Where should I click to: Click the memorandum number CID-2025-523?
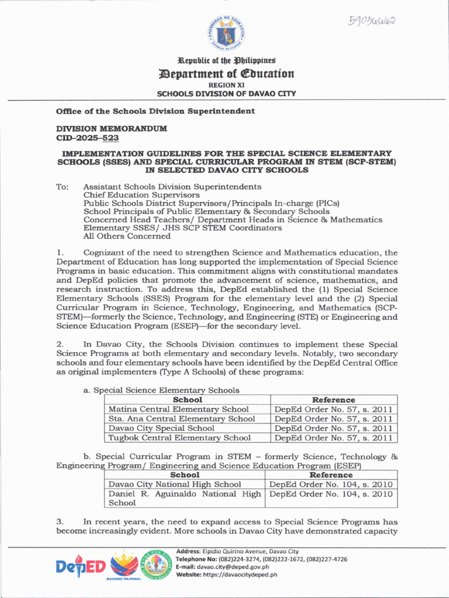(x=87, y=138)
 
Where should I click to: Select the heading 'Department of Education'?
(x=226, y=74)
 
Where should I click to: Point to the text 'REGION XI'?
(x=226, y=85)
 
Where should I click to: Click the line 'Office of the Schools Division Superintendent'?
(x=155, y=111)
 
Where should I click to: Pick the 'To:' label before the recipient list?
(x=63, y=187)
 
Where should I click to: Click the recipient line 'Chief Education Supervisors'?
(x=141, y=195)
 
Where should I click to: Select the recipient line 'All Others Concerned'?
(x=127, y=237)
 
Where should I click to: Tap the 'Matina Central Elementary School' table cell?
(x=179, y=409)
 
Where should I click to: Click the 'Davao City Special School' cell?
(x=161, y=428)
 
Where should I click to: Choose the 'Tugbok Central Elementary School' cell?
(x=179, y=437)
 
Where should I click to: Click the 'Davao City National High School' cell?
(x=175, y=484)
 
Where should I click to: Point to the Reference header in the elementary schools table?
(x=333, y=399)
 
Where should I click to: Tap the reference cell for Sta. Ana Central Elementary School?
(x=333, y=419)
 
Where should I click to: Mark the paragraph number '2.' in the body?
(x=60, y=345)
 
